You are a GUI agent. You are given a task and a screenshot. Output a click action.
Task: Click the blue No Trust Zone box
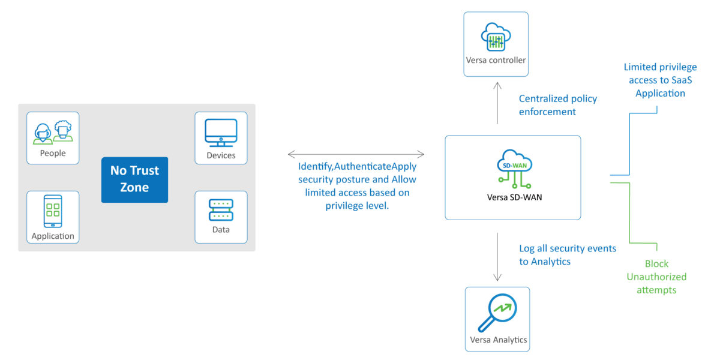[x=134, y=179]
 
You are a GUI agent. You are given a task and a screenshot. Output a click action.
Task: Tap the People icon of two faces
[x=53, y=131]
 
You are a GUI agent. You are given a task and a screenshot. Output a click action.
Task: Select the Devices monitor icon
[x=221, y=133]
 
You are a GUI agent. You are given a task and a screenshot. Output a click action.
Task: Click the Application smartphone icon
[x=53, y=211]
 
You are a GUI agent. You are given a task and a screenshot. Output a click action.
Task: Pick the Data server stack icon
[x=221, y=211]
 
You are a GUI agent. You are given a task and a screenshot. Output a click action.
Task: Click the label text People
[x=53, y=153]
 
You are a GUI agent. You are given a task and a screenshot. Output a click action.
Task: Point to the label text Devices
[x=221, y=155]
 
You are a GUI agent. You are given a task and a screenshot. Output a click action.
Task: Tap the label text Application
[x=53, y=236]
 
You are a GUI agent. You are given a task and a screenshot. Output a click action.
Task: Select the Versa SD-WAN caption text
[x=512, y=197]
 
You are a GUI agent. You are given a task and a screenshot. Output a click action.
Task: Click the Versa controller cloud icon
[x=496, y=37]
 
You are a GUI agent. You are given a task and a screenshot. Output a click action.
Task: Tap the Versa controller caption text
[x=496, y=60]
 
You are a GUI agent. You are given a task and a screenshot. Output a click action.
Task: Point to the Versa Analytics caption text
[x=498, y=340]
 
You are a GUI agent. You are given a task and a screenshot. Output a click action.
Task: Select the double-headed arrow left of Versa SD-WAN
[x=356, y=154]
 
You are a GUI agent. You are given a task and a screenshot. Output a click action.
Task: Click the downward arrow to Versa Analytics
[x=497, y=257]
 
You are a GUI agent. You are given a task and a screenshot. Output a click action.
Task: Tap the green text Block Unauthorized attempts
[x=656, y=277]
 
